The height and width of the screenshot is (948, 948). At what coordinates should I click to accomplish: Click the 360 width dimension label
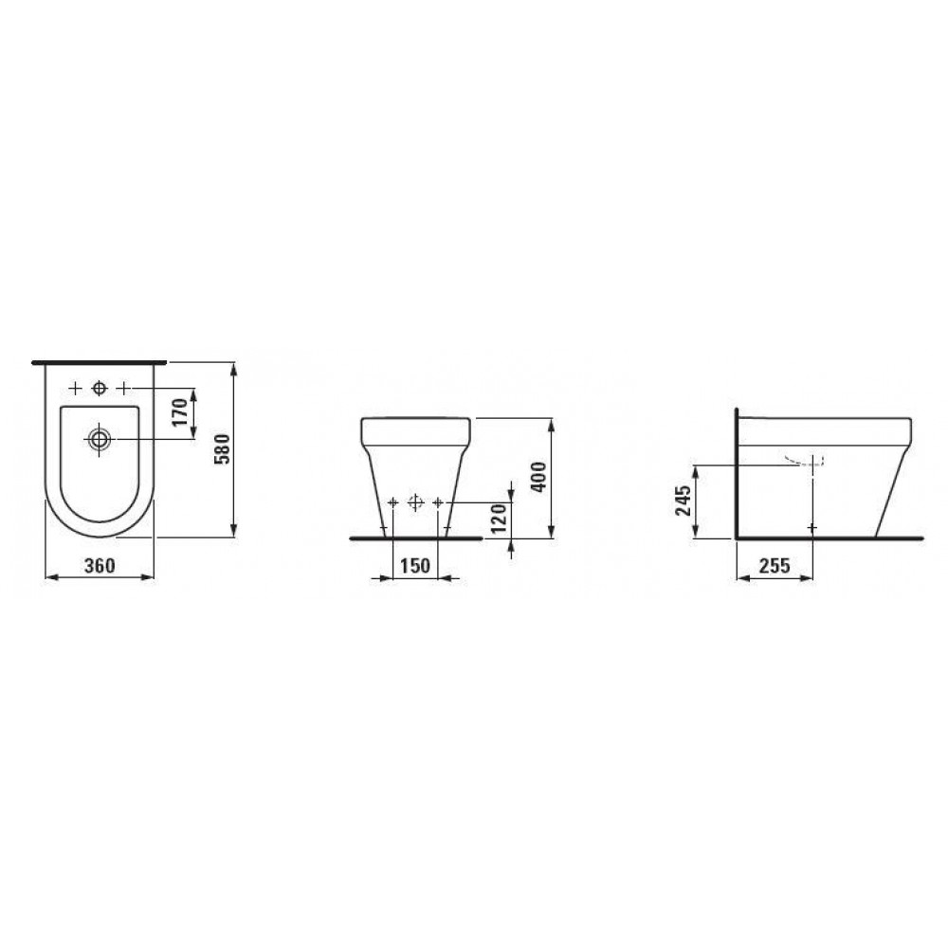coord(100,565)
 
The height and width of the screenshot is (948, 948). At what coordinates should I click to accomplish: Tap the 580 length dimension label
coord(223,448)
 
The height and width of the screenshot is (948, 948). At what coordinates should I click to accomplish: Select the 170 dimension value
coord(180,411)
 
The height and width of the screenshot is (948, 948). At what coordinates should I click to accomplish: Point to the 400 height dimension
coord(538,477)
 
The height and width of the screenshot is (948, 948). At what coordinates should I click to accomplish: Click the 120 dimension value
coord(498,519)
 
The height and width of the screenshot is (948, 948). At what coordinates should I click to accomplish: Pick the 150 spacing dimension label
coord(415,565)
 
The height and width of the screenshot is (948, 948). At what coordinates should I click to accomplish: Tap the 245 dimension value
coord(684,501)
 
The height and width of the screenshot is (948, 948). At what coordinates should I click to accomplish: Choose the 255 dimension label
coord(775,565)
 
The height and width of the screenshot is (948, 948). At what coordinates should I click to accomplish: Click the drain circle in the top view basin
coord(100,438)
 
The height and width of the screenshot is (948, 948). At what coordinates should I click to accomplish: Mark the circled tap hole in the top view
coord(99,388)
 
